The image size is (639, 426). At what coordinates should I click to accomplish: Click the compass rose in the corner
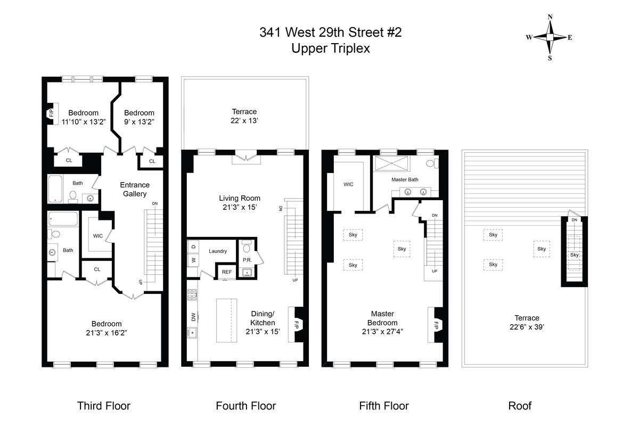pos(550,37)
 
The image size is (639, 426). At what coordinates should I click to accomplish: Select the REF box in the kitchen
pos(227,272)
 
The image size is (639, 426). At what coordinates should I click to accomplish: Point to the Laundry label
pos(218,251)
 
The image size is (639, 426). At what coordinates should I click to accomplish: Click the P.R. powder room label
pos(247,260)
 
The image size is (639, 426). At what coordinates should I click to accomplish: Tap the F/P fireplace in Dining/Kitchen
pos(296,324)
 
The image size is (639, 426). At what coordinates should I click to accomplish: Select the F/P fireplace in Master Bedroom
pos(436,324)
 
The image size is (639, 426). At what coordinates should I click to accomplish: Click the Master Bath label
pos(405,180)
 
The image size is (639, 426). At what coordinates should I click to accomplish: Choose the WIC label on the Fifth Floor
pos(348,184)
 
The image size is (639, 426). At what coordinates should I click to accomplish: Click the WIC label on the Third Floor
pos(98,236)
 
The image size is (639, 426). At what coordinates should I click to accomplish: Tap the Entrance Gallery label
pos(135,190)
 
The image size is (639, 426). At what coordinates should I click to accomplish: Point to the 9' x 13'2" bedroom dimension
pos(139,121)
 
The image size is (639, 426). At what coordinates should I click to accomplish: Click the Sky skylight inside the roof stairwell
pos(574,255)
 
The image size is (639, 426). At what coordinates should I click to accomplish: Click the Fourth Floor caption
pos(245,406)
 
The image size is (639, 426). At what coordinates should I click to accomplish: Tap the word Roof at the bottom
pos(520,406)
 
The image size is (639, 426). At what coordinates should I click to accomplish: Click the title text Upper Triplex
pos(330,48)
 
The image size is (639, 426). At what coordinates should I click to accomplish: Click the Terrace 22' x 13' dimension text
pos(244,121)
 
